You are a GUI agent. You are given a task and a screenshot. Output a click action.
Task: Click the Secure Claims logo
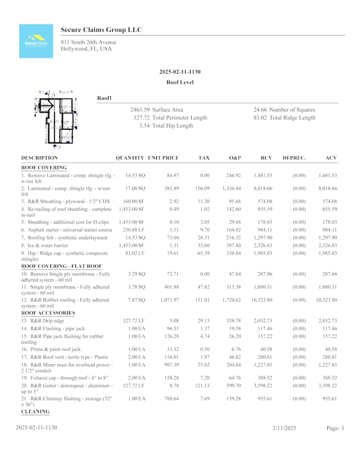pyautogui.click(x=36, y=41)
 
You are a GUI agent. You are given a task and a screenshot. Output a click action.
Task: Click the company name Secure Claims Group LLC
pyautogui.click(x=101, y=30)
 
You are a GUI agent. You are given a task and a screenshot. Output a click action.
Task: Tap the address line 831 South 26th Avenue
pyautogui.click(x=88, y=42)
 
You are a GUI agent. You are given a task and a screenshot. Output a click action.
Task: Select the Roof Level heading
pyautogui.click(x=179, y=83)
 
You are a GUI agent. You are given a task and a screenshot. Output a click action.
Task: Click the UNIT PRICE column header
pyautogui.click(x=163, y=158)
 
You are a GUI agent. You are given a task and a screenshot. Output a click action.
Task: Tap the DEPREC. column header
pyautogui.click(x=294, y=158)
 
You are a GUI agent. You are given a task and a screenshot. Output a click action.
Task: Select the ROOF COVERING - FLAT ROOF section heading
pyautogui.click(x=61, y=266)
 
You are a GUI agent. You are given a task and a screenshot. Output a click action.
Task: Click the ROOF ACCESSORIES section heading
pyautogui.click(x=48, y=313)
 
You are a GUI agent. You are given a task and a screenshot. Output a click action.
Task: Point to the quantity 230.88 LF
pyautogui.click(x=133, y=230)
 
